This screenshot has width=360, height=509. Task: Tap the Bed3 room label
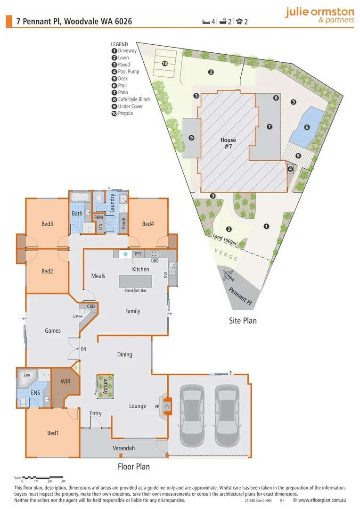click(x=47, y=224)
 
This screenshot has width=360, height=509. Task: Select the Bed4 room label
click(x=148, y=224)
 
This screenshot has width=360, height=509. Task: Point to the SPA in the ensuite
click(x=27, y=376)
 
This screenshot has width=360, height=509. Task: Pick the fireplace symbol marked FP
click(x=165, y=405)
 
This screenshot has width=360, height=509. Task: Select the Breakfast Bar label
click(x=135, y=291)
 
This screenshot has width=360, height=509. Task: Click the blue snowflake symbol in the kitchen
click(x=125, y=254)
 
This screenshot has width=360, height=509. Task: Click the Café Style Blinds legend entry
click(x=131, y=99)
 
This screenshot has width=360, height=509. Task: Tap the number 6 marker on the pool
click(x=307, y=127)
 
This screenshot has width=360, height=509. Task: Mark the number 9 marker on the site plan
click(x=191, y=138)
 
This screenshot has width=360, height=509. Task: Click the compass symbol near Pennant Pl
click(x=229, y=276)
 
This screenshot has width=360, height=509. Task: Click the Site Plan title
click(x=242, y=321)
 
